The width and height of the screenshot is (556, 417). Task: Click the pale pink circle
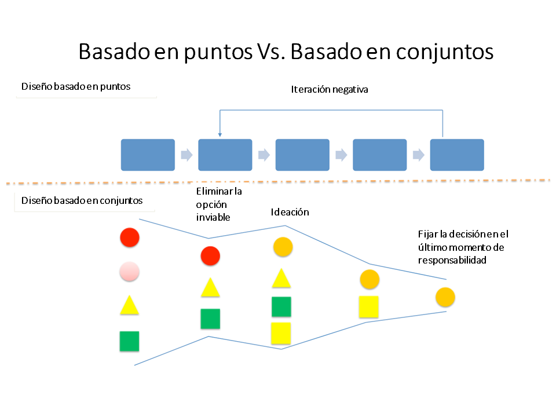129,272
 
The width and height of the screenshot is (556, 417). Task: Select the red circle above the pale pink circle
130,237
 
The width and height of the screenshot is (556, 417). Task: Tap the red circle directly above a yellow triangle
210,256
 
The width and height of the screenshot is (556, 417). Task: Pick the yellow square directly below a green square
281,334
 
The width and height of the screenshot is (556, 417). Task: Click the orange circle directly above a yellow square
370,279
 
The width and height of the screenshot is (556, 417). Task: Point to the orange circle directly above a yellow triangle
283,247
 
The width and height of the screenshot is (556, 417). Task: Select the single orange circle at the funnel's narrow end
445,297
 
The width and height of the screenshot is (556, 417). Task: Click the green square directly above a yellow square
281,307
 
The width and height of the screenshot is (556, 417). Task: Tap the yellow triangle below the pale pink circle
129,306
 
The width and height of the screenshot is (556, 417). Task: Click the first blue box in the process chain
148,155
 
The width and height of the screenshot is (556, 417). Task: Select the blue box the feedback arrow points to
225,155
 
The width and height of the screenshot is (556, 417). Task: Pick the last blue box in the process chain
457,155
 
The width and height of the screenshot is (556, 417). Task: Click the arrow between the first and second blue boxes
186,155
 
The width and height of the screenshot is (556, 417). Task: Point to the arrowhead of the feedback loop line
220,135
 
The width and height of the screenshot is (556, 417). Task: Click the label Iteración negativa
330,89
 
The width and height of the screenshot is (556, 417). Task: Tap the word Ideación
290,212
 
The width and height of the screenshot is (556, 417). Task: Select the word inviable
213,217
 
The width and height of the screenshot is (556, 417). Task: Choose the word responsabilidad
452,260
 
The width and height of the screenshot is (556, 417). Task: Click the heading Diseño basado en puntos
76,86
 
